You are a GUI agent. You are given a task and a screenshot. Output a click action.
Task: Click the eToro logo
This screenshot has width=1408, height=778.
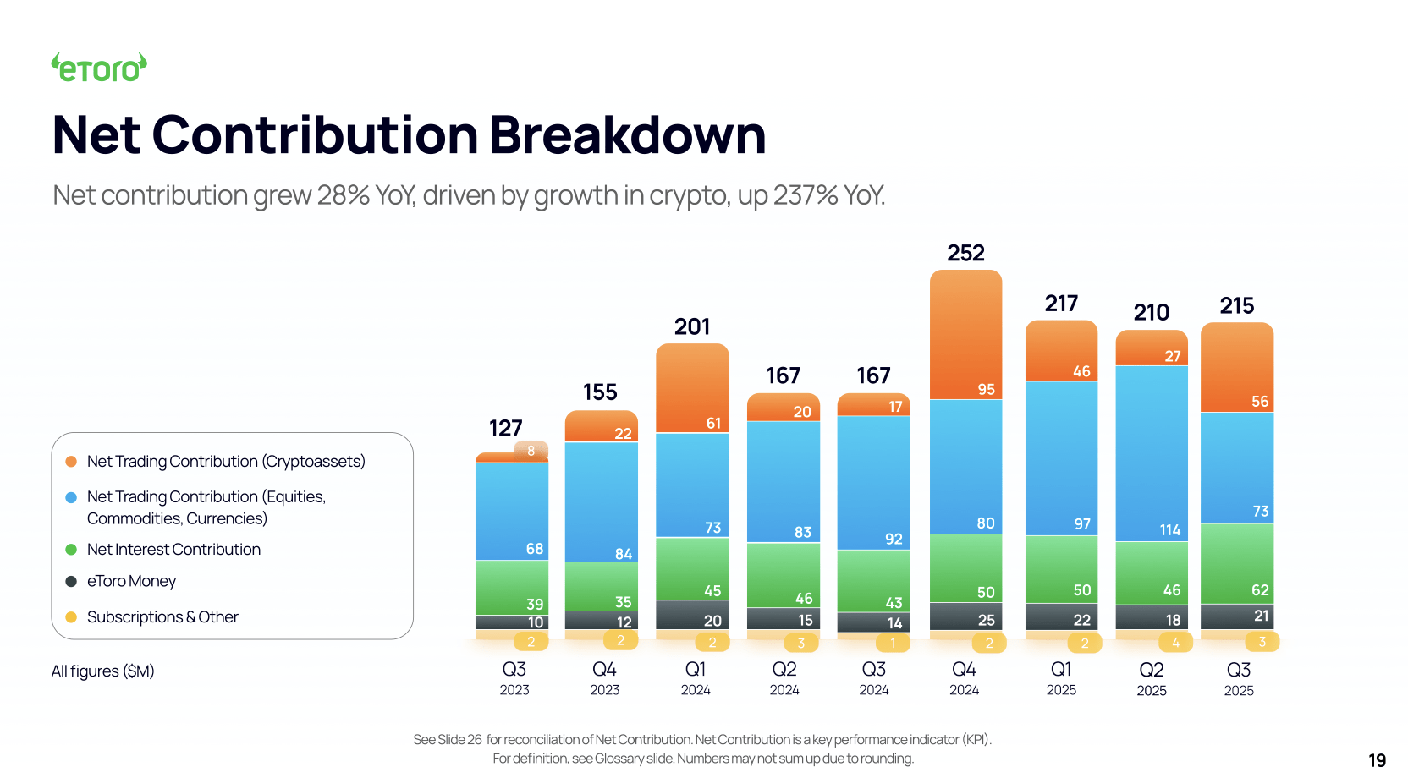99,68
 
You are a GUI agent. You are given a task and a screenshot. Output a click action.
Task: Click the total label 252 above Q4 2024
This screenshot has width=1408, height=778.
965,253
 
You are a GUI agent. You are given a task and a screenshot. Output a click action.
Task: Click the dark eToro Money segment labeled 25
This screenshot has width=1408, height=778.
965,616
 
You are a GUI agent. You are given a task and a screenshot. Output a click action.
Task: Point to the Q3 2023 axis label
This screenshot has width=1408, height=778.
514,677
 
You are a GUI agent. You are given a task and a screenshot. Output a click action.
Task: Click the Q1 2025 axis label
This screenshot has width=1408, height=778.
1061,677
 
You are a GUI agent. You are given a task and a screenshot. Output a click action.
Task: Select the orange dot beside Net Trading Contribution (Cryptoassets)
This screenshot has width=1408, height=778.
71,462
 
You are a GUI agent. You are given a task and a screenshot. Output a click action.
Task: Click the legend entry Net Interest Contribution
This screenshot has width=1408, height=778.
173,550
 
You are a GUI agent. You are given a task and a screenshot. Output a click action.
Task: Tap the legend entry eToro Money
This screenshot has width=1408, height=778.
131,582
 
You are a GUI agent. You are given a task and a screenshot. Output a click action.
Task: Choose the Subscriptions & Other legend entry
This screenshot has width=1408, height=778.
162,617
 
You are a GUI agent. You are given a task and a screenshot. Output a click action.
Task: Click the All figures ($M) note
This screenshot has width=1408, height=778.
102,671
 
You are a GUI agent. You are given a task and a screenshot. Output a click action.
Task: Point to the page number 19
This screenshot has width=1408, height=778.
1377,760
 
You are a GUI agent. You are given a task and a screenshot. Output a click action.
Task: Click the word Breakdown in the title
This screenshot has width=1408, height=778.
627,135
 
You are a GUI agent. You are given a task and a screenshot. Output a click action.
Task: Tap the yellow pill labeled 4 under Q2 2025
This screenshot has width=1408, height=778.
1174,643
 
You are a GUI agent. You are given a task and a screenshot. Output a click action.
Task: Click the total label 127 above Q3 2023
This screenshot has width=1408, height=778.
505,428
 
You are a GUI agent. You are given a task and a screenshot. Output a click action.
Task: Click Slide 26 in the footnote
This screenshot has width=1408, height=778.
459,740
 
